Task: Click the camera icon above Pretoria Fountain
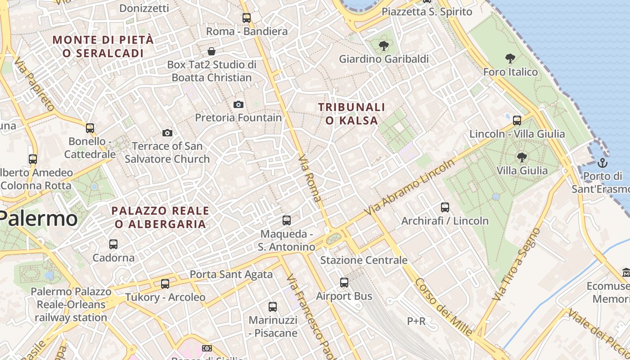tap(238, 105)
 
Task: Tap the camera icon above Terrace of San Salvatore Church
tap(167, 133)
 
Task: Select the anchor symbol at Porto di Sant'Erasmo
tap(603, 163)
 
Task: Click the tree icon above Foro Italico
tap(510, 58)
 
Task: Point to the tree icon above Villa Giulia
tap(522, 157)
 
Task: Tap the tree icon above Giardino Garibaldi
tap(384, 45)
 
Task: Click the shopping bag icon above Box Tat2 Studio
tap(211, 51)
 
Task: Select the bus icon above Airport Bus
tap(344, 283)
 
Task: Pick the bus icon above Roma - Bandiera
tap(247, 18)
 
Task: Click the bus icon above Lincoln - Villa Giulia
tap(517, 120)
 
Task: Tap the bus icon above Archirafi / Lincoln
tap(445, 207)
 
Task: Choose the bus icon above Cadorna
tap(113, 244)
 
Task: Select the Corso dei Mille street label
tap(443, 307)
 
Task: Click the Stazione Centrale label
tap(364, 260)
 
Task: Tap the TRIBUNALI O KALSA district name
tap(351, 114)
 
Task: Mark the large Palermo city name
tap(38, 219)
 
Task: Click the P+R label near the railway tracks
tap(416, 321)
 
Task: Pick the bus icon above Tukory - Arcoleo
tap(165, 284)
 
